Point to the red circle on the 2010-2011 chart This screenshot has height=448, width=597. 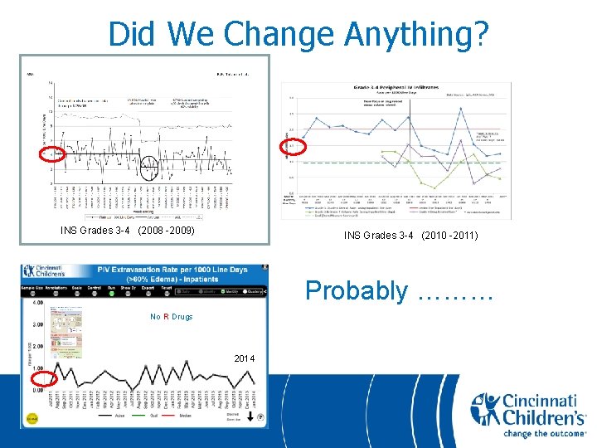pyautogui.click(x=296, y=145)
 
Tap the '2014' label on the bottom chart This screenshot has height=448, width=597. pyautogui.click(x=244, y=358)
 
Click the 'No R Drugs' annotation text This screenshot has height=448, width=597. pyautogui.click(x=171, y=317)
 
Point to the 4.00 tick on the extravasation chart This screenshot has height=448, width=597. pyautogui.click(x=37, y=302)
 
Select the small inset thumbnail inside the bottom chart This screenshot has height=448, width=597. pyautogui.click(x=66, y=333)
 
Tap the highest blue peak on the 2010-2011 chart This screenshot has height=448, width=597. pyautogui.click(x=409, y=116)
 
